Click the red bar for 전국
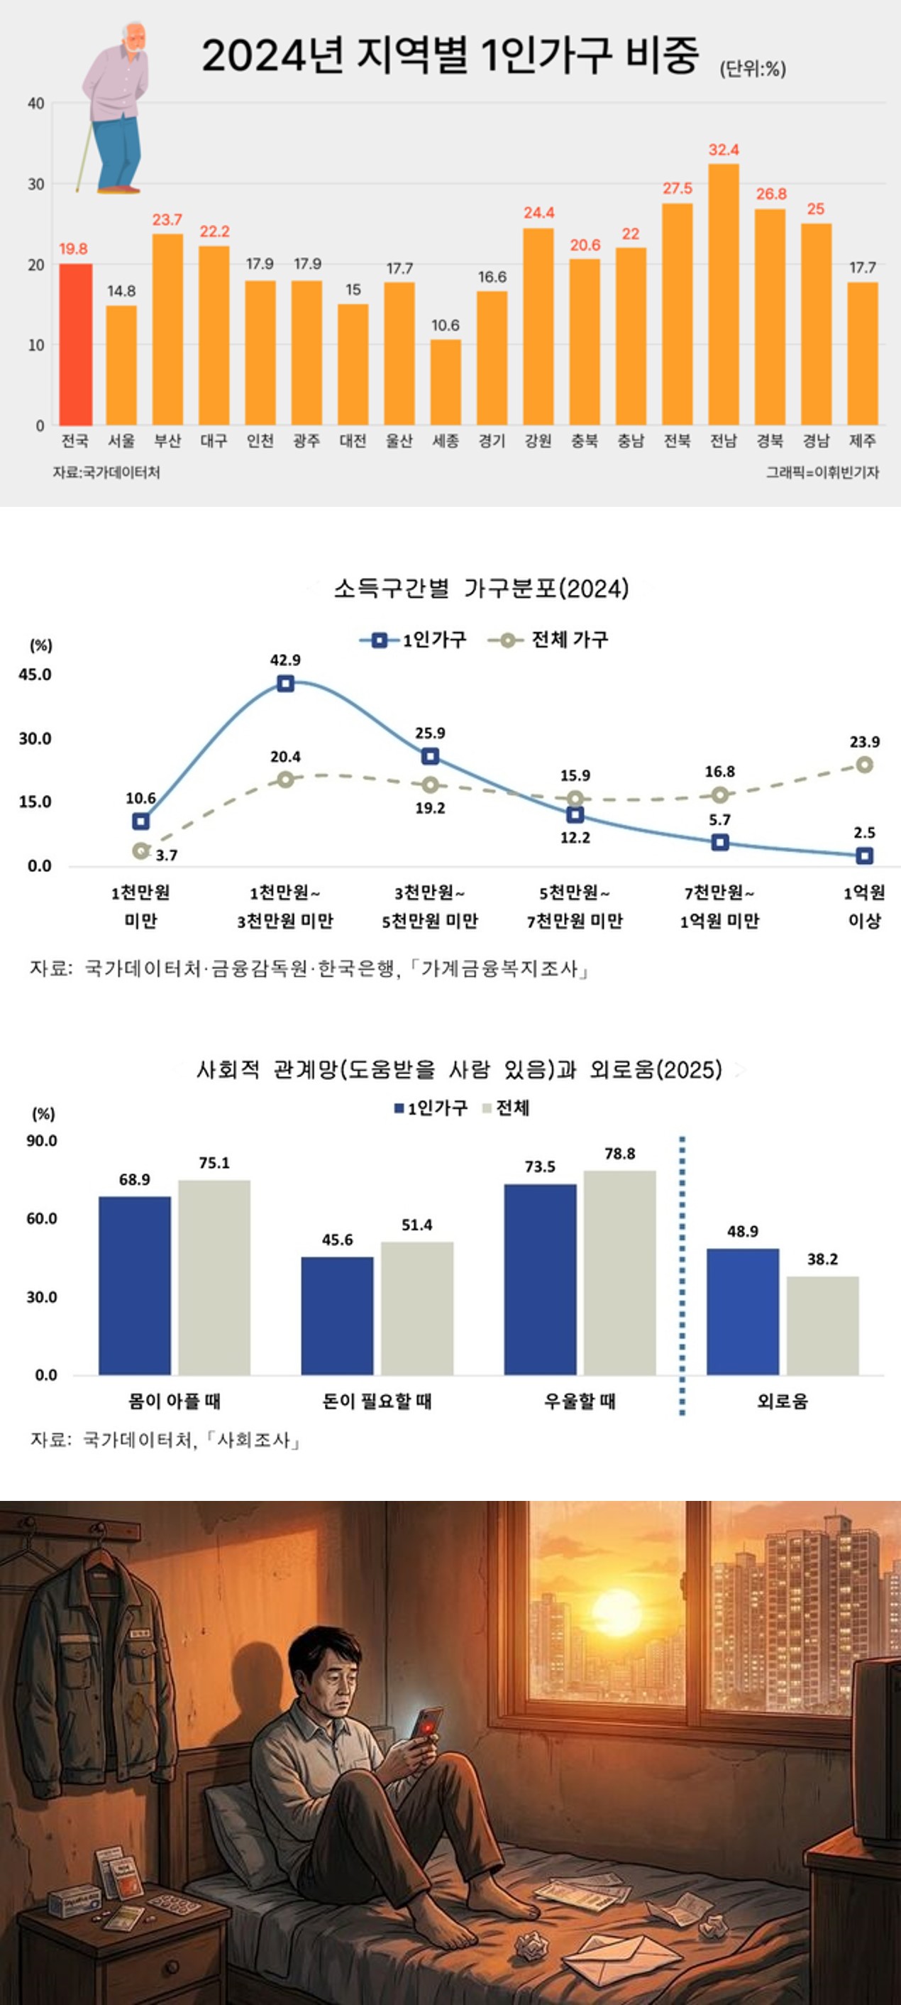75,345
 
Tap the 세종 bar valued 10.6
446,382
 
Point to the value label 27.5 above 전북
677,188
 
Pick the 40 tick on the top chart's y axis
35,104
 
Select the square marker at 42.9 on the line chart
285,684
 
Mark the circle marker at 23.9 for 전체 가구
864,765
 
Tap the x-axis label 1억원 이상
863,907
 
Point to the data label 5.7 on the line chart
719,819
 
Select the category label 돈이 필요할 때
377,1401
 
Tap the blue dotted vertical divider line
682,1277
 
